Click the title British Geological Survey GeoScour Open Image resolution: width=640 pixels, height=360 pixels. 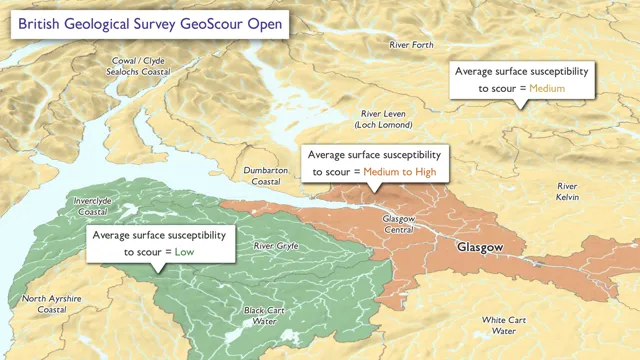(147, 23)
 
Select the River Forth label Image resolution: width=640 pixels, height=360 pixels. (411, 45)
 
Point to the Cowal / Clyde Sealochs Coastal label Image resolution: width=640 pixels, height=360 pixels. (138, 67)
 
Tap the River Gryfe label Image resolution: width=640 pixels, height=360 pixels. (276, 246)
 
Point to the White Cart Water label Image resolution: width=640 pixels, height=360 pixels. (504, 325)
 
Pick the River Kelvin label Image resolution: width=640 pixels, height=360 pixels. (567, 192)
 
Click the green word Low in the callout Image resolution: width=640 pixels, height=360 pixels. (185, 253)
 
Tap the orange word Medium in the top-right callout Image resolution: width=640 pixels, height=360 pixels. (547, 89)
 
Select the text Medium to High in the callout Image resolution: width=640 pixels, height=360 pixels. (399, 172)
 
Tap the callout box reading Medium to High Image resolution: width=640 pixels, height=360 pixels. (373, 164)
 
